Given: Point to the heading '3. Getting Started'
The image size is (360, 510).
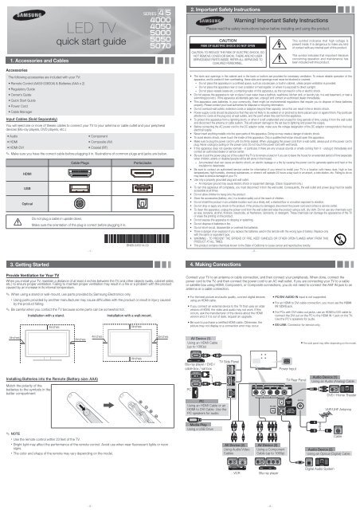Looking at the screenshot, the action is coord(31,261).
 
